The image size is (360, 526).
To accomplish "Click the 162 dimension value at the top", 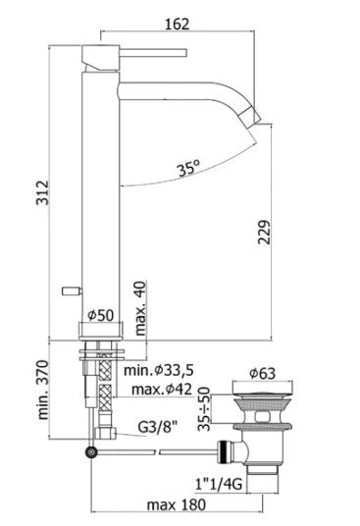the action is pos(177,25).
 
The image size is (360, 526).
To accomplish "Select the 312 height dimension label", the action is pos(43,192).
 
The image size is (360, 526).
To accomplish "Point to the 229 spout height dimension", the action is pos(264,232).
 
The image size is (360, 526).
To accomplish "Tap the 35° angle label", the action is pos(189,168).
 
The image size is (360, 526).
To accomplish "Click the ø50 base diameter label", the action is pos(101,315).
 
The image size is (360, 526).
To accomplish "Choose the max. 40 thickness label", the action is pos(140,308).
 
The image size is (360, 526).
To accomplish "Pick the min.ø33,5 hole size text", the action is pos(159,370).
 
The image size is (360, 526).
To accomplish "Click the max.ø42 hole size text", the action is pos(162,390).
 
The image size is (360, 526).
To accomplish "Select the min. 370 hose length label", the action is pos(43,390).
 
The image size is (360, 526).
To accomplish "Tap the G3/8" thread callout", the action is pos(158,427).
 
